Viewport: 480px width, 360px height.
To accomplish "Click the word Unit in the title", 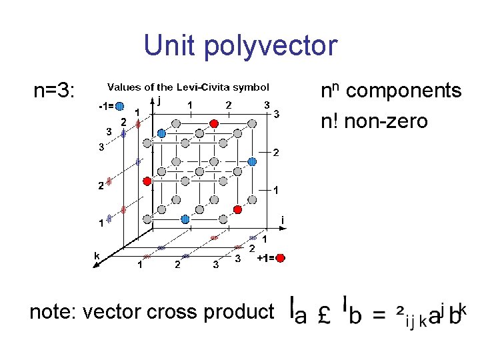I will pos(169,46).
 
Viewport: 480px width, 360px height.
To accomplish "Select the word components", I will pos(404,91).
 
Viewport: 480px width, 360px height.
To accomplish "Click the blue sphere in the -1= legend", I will pos(119,105).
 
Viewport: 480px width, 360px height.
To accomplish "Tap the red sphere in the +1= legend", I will pos(280,258).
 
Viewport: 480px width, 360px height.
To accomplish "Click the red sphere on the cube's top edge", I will pos(214,123).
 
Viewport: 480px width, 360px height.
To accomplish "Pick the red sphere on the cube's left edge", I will pos(147,181).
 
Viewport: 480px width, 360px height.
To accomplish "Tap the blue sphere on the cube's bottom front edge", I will pos(186,219).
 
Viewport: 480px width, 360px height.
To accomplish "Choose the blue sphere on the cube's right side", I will pos(252,161).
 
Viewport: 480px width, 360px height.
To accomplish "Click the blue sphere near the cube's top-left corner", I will pos(161,133).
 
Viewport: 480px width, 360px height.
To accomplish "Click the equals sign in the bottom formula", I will pos(378,313).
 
